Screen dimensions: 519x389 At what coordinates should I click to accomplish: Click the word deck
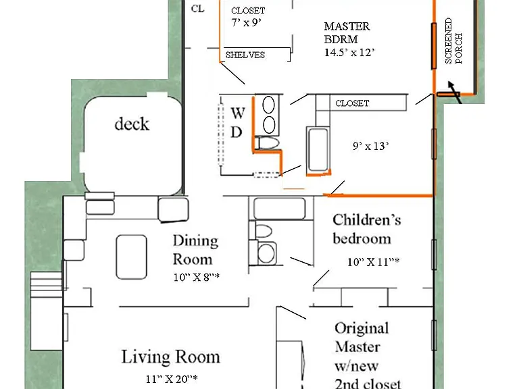pos(132,124)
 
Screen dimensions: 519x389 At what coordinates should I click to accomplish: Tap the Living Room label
pos(170,357)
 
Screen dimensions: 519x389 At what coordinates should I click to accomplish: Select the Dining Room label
pos(195,250)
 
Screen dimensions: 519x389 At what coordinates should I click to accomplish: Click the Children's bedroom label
pos(367,229)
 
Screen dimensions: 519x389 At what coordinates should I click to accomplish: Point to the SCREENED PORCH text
pos(453,41)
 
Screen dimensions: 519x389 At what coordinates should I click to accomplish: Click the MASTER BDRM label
pos(347,32)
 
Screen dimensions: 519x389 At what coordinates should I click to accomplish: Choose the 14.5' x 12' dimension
pos(349,52)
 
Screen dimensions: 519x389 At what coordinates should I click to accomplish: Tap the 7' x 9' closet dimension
pos(246,22)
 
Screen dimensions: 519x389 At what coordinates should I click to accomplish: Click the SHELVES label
pos(245,55)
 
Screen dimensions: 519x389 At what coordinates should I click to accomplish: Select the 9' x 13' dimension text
pos(371,146)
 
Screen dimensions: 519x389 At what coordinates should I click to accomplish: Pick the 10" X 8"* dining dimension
pos(196,277)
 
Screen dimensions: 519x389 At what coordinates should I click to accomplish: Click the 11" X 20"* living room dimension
pos(172,379)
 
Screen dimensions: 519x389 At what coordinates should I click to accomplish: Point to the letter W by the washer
pos(238,113)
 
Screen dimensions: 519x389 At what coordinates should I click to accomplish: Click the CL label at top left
pos(197,9)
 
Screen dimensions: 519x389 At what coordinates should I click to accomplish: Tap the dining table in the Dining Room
pos(131,257)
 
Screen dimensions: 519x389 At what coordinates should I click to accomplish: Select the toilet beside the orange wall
pos(268,144)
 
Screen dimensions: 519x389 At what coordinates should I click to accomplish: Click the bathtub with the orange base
pos(318,151)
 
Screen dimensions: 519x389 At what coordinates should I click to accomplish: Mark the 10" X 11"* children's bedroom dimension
pos(373,262)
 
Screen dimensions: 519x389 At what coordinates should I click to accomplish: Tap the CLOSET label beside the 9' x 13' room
pos(352,103)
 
